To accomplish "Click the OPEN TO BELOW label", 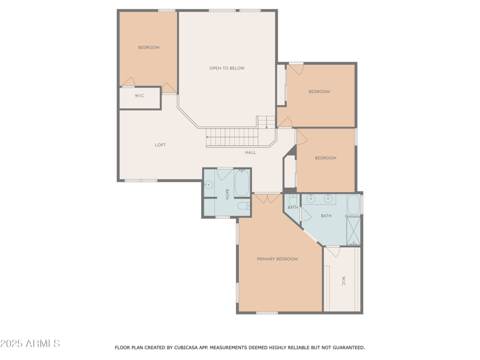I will pyautogui.click(x=227, y=68).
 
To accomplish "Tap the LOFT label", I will pyautogui.click(x=160, y=145).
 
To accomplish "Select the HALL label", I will pyautogui.click(x=250, y=152).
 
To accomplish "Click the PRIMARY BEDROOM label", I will pyautogui.click(x=277, y=259).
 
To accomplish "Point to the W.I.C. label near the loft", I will pyautogui.click(x=139, y=96).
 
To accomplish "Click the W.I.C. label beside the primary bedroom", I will pyautogui.click(x=343, y=281).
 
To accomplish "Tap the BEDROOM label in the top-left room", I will pyautogui.click(x=149, y=47).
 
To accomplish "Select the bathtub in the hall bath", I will pyautogui.click(x=242, y=184).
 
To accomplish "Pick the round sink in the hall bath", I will pyautogui.click(x=209, y=185).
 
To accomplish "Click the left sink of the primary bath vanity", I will pyautogui.click(x=311, y=199).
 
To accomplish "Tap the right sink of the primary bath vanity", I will pyautogui.click(x=328, y=199).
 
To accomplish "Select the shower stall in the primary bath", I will pyautogui.click(x=353, y=230).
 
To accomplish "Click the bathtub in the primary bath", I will pyautogui.click(x=353, y=205).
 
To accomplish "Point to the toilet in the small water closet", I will pyautogui.click(x=292, y=199).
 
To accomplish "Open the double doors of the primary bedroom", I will pyautogui.click(x=267, y=197).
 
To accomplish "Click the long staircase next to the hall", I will pyautogui.click(x=232, y=137).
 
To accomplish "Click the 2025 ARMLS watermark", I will pyautogui.click(x=30, y=344).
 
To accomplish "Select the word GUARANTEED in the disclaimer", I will pyautogui.click(x=345, y=347).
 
